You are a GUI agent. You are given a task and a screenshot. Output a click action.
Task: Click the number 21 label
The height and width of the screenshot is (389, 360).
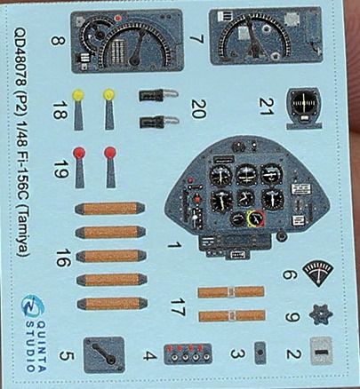point(266,107)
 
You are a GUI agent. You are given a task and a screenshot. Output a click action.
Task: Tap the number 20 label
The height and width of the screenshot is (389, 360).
point(198,109)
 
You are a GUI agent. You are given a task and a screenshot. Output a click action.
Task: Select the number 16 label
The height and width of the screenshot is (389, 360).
point(63,258)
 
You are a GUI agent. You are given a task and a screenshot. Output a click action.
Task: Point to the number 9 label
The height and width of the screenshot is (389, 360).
point(292,317)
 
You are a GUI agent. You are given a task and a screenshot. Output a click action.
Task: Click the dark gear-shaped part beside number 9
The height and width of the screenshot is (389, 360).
point(321,314)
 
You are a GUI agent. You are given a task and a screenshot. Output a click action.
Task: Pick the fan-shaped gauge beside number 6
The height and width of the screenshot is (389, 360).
point(318,274)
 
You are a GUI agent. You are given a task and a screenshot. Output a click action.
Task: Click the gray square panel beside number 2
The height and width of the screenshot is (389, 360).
point(322,351)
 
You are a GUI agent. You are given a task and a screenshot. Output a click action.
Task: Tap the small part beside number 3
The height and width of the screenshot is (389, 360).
point(260,353)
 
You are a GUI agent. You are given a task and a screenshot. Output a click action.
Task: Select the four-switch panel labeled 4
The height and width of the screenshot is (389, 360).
point(188,353)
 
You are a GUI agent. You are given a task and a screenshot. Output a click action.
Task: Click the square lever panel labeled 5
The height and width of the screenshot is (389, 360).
point(104,354)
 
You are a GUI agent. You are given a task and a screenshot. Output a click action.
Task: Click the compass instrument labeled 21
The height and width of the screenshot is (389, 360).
point(304,108)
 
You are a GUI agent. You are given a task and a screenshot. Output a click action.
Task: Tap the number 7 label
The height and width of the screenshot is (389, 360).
point(197,40)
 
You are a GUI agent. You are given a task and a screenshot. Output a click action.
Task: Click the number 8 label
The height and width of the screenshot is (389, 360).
point(58,41)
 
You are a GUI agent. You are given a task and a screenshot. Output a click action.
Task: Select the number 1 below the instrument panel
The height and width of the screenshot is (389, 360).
point(174,245)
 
